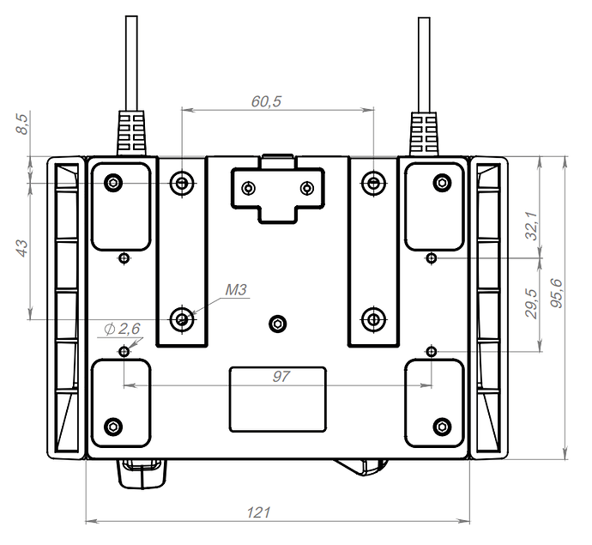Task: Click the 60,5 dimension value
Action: click(x=266, y=101)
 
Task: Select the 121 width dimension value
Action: click(x=258, y=512)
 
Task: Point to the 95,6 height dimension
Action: click(x=557, y=294)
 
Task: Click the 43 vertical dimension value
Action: click(x=23, y=247)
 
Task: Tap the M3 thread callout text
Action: click(x=236, y=290)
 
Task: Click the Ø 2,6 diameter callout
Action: click(x=121, y=329)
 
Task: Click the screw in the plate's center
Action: click(x=276, y=323)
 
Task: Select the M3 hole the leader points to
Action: click(x=182, y=319)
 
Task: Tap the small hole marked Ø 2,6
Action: click(x=125, y=351)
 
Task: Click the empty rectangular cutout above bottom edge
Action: click(x=277, y=398)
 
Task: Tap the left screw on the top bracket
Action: click(x=249, y=188)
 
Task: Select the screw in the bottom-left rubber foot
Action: click(x=113, y=426)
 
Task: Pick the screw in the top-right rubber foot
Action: click(x=441, y=182)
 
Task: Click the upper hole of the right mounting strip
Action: click(x=372, y=182)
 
